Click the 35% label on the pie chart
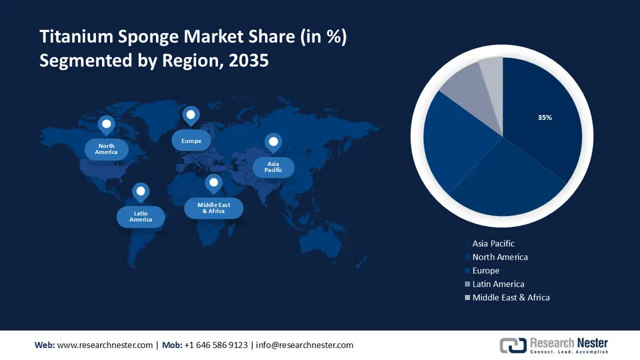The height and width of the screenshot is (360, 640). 545,118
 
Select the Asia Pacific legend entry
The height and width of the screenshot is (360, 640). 493,244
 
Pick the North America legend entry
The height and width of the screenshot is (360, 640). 499,257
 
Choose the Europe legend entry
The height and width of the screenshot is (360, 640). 486,271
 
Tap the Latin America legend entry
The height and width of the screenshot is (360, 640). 498,284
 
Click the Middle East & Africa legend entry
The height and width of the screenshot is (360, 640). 510,298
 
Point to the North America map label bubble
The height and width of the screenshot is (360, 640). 107,149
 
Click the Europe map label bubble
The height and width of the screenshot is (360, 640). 192,141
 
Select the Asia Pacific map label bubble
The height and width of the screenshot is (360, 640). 274,167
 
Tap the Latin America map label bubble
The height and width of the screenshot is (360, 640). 141,217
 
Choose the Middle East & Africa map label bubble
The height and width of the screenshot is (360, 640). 213,208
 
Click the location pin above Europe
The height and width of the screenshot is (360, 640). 191,115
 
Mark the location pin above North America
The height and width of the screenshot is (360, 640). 106,124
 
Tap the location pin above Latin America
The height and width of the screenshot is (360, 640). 141,192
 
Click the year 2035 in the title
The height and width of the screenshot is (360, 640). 248,60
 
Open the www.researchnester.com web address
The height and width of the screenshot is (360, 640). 105,345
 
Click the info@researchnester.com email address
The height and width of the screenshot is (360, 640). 305,345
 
